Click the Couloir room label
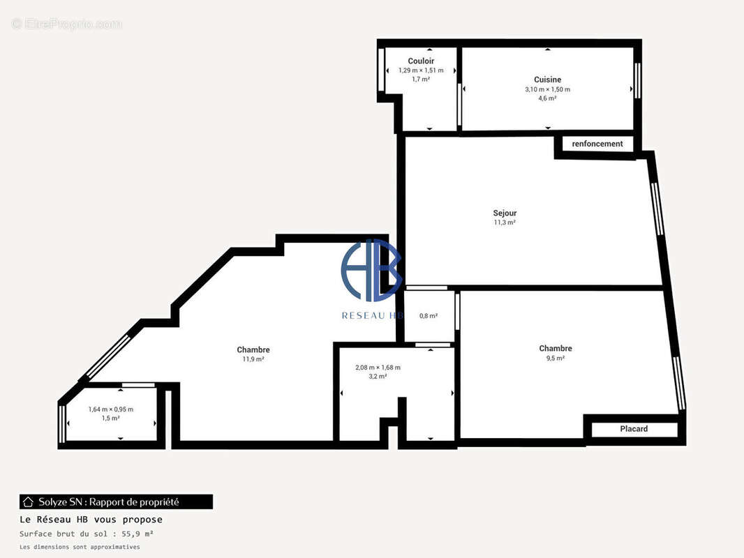point(421,61)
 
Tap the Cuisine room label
point(547,80)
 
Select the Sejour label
point(505,213)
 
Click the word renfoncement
point(597,144)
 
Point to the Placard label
point(634,429)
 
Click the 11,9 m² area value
point(253,359)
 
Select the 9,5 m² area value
point(555,358)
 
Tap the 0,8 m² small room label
point(429,316)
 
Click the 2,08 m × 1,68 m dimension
point(378,367)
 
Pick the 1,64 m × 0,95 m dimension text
point(110,409)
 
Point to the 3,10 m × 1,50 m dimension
point(547,89)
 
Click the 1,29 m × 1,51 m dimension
point(421,70)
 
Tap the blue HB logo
point(371,270)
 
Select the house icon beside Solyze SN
point(29,502)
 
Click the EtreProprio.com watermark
point(66,24)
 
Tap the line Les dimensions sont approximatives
point(80,547)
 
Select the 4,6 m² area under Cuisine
point(547,98)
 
